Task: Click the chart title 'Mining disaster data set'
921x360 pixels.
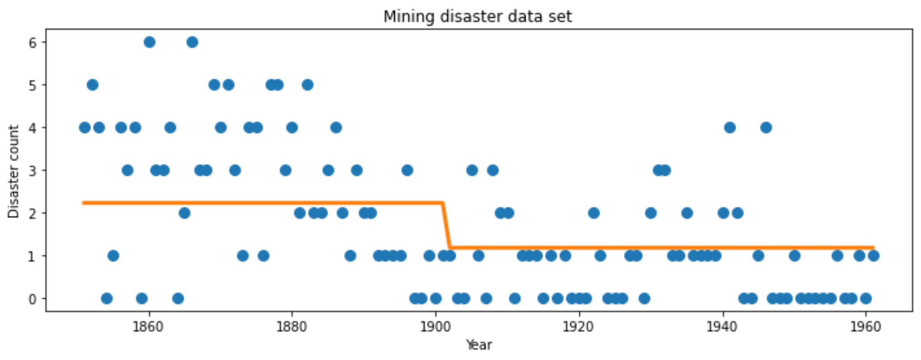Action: (477, 17)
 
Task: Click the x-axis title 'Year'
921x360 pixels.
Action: (479, 345)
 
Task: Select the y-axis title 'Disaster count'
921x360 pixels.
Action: (14, 171)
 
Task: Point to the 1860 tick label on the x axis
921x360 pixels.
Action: (148, 327)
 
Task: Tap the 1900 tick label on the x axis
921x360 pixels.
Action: (435, 327)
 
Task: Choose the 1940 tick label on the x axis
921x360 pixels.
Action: (722, 327)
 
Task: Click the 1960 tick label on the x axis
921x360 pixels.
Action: (865, 327)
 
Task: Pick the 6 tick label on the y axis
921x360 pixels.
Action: (32, 42)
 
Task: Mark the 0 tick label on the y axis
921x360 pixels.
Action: (32, 299)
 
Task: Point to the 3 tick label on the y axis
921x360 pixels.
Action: (32, 170)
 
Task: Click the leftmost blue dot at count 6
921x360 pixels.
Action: (150, 42)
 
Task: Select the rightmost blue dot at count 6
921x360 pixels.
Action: (192, 42)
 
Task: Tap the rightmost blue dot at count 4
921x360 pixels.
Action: (766, 128)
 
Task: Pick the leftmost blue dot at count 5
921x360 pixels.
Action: (92, 85)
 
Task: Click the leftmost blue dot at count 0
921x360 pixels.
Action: (107, 298)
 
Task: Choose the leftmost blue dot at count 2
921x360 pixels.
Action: (184, 213)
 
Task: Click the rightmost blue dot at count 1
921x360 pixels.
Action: (873, 256)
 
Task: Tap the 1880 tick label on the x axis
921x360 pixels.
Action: (291, 327)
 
